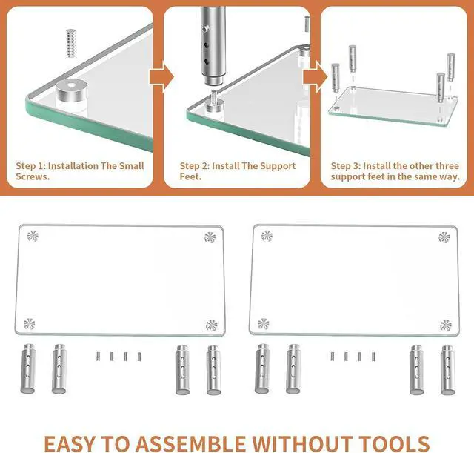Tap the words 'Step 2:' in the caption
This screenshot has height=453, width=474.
[x=196, y=166]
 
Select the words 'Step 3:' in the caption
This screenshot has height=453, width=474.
[x=347, y=166]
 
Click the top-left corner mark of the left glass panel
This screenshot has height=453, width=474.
[x=31, y=237]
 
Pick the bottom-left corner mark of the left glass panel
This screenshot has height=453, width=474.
[x=29, y=323]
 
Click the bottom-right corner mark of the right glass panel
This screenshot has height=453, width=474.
[x=445, y=325]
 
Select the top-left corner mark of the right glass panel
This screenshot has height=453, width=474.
[x=267, y=237]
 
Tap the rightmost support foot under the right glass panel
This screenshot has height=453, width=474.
[x=447, y=368]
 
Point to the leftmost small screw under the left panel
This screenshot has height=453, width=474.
[x=97, y=357]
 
